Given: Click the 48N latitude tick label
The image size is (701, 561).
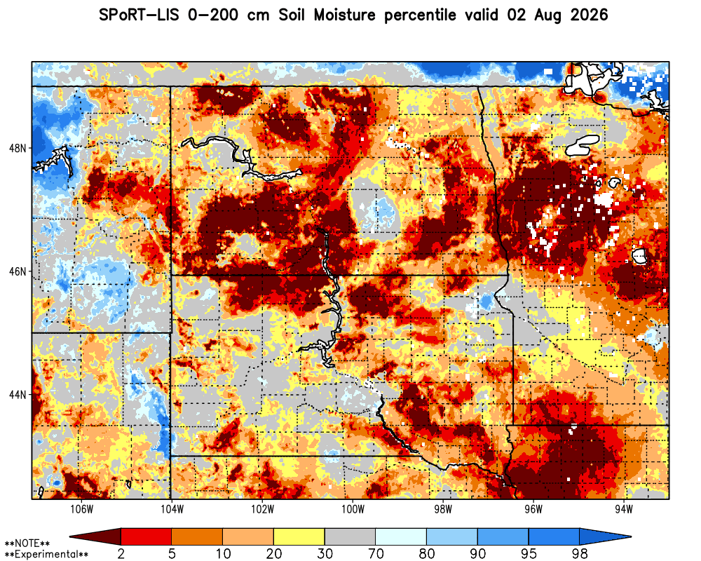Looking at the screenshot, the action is (18, 148).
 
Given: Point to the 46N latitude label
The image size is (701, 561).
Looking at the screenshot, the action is (18, 271).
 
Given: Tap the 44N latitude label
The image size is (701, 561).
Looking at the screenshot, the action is (18, 395).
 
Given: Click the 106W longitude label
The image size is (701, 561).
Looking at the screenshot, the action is (82, 510).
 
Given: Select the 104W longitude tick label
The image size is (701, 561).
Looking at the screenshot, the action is (172, 510).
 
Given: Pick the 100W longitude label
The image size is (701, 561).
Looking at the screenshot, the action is (353, 510).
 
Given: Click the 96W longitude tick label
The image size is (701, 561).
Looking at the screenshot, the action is (533, 510).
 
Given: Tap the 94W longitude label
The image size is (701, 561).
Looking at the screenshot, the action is (624, 510).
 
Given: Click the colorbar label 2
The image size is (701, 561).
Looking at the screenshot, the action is (121, 553).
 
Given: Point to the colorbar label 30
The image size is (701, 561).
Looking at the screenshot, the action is (325, 553).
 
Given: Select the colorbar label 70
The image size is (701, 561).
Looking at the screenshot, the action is (376, 553).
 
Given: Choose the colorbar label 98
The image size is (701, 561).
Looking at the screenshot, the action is (580, 553).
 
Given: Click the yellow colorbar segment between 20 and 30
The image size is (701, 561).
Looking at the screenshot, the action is (299, 536).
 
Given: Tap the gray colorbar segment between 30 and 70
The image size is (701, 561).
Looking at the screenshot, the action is (350, 536).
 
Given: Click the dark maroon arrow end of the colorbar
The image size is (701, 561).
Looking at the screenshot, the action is (95, 536).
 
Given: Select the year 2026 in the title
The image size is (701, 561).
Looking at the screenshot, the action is (590, 15).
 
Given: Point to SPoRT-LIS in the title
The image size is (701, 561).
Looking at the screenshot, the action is (139, 15).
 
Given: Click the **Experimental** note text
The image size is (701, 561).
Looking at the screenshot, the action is (46, 554).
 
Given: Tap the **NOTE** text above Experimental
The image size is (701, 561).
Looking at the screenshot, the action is (27, 543).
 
